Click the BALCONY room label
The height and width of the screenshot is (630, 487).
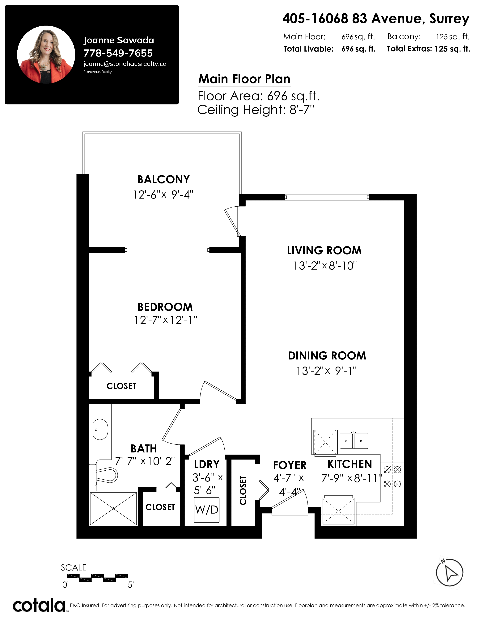(163, 179)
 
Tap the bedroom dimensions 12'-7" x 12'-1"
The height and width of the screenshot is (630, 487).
(166, 320)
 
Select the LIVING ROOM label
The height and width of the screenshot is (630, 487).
(324, 250)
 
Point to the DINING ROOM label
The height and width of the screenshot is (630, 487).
(327, 356)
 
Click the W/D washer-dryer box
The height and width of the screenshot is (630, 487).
(207, 510)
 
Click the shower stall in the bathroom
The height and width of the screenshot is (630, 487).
(113, 509)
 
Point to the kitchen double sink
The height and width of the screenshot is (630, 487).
(354, 441)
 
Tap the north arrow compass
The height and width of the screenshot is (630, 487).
(449, 573)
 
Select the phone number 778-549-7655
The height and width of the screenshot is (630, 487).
(118, 53)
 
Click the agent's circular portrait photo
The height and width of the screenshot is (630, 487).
(46, 55)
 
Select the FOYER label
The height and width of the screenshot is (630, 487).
(290, 465)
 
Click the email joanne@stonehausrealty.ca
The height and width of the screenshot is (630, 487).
(125, 64)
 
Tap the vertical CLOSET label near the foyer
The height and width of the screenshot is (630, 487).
(243, 490)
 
